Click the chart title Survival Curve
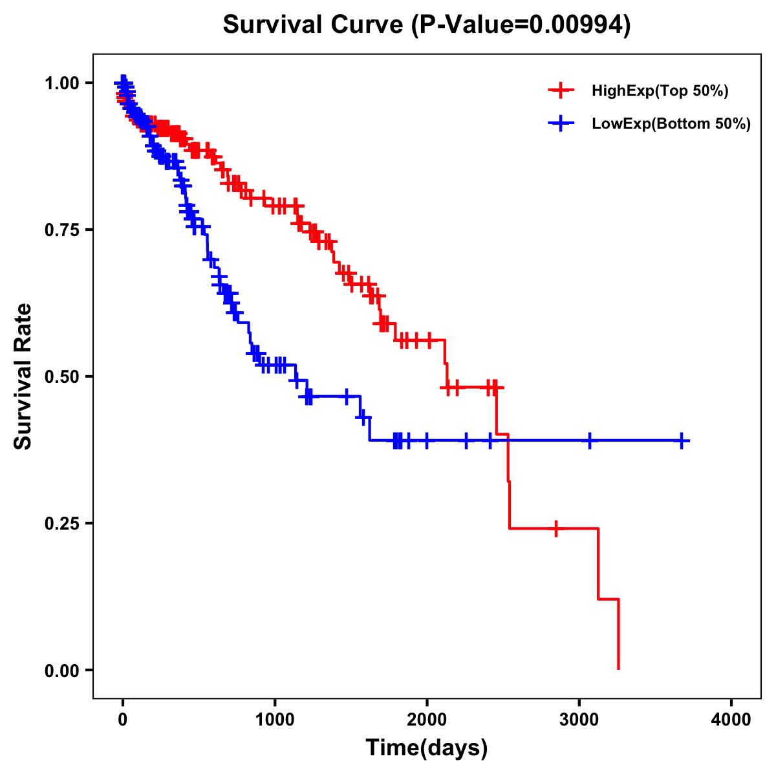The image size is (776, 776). (x=314, y=25)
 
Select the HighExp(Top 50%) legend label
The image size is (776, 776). (x=660, y=91)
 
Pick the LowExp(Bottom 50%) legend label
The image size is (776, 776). (x=671, y=124)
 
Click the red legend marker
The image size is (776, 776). (x=561, y=91)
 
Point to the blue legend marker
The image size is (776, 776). (x=561, y=124)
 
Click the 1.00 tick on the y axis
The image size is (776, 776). (x=63, y=83)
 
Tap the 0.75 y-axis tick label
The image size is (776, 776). (x=63, y=230)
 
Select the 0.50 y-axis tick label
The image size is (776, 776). (x=63, y=377)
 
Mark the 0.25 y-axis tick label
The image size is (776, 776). (x=63, y=523)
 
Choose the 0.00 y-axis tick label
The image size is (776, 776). (x=63, y=671)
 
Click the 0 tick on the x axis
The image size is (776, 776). (x=123, y=720)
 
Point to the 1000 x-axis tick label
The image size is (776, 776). (x=275, y=720)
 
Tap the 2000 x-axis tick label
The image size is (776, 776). (x=427, y=720)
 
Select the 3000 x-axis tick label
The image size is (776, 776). (x=579, y=720)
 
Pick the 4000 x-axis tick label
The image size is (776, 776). (x=731, y=720)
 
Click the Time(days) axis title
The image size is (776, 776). (x=427, y=748)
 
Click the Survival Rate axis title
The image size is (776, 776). (x=23, y=376)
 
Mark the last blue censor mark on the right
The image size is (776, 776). (x=681, y=440)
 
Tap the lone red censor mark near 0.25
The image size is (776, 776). (x=555, y=528)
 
